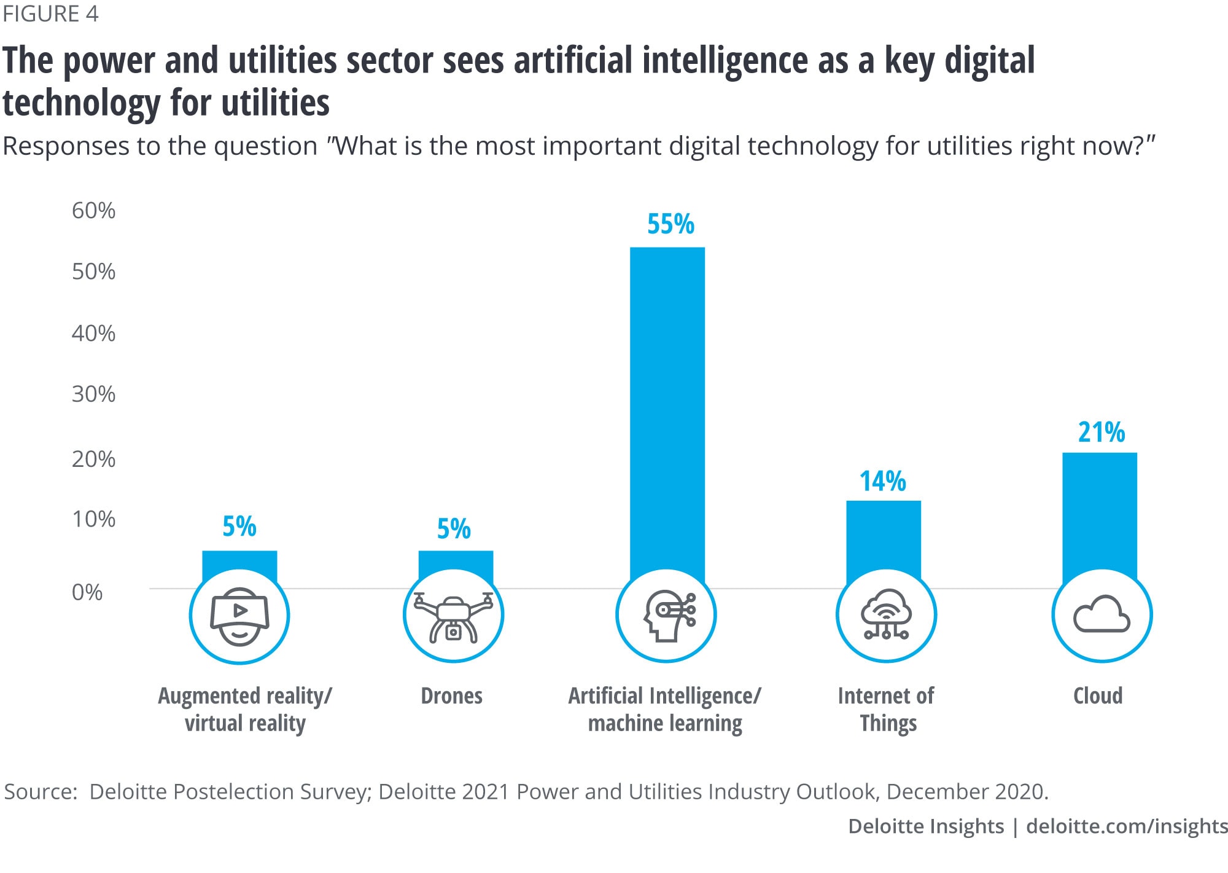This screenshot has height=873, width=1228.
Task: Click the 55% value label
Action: (x=670, y=224)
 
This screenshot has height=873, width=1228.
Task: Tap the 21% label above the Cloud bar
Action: (x=1102, y=433)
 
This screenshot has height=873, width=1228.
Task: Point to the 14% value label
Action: (x=883, y=481)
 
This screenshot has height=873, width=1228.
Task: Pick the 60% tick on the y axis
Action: (x=93, y=211)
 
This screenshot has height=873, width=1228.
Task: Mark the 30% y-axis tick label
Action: (x=93, y=394)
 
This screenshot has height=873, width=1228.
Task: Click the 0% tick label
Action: (x=87, y=592)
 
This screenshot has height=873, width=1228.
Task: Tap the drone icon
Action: (x=453, y=616)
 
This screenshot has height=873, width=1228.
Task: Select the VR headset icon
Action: (x=239, y=616)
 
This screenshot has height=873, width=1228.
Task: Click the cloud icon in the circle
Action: (x=1102, y=615)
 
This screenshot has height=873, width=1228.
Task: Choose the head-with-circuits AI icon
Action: (x=667, y=616)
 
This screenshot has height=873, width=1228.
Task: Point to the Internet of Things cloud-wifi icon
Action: (x=885, y=615)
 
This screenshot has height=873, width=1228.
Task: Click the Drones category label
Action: (x=451, y=696)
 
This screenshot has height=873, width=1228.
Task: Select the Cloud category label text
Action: (x=1098, y=696)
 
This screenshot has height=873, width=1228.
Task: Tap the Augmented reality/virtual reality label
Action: (x=245, y=710)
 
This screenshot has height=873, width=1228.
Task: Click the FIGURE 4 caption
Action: (x=50, y=14)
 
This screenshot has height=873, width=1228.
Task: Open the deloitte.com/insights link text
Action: (x=1127, y=826)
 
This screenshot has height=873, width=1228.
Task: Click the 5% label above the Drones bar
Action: (x=454, y=529)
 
